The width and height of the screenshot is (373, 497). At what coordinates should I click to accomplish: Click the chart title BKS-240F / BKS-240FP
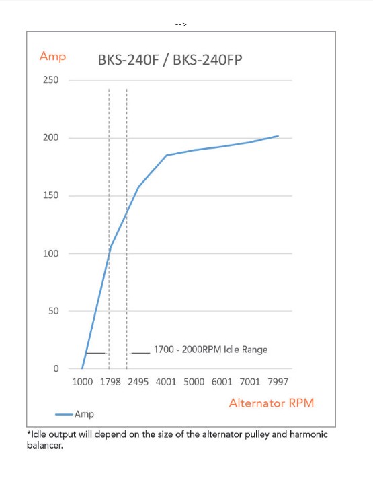(170, 60)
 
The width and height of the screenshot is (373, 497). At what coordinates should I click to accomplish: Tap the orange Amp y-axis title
(52, 57)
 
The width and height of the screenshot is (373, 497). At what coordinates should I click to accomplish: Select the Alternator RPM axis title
(272, 403)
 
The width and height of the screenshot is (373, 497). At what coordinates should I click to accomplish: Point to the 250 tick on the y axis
(51, 80)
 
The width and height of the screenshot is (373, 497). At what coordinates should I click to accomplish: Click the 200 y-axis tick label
(51, 137)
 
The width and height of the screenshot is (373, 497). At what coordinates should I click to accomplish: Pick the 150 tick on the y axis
(51, 195)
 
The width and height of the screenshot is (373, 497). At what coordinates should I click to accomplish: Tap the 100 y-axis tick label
(51, 253)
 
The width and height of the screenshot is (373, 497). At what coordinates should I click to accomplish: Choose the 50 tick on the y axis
(54, 311)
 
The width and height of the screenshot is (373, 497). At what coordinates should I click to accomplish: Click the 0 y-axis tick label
(56, 368)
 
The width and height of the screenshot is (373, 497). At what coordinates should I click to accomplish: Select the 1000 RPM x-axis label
(82, 382)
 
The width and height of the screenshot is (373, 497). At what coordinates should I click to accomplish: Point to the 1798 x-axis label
(110, 382)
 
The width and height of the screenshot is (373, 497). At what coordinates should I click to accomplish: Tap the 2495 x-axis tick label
(138, 382)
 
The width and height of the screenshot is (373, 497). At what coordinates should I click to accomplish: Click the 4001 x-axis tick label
(166, 382)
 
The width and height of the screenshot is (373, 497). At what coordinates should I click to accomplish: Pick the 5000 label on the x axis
(194, 382)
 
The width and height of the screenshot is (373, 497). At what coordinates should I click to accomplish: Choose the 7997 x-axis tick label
(278, 382)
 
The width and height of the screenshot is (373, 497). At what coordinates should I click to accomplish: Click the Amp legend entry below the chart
(75, 414)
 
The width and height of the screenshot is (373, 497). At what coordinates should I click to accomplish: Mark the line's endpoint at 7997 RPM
(278, 136)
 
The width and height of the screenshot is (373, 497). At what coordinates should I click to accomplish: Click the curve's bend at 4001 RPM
(167, 155)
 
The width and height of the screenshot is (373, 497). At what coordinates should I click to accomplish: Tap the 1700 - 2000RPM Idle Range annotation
(211, 350)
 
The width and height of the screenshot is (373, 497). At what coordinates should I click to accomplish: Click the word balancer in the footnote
(45, 445)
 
